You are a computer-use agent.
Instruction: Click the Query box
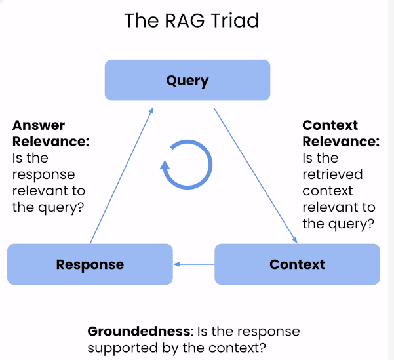click(187, 80)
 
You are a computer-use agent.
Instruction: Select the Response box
click(90, 264)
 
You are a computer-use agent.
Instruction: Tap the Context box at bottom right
click(297, 264)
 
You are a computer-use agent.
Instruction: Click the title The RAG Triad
click(191, 20)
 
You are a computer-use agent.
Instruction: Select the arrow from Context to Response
click(194, 264)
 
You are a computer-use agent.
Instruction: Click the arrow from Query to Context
click(255, 176)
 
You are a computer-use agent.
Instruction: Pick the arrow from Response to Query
click(122, 176)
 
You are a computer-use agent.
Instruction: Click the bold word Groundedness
click(139, 331)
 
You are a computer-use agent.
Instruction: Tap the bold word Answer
click(39, 125)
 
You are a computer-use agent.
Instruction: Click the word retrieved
click(332, 174)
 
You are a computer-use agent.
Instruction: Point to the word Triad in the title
click(235, 20)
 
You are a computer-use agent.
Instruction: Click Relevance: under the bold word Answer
click(51, 142)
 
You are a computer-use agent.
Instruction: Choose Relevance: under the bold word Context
click(341, 142)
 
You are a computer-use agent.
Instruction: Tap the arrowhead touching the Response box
click(176, 264)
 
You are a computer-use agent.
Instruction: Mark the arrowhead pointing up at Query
click(151, 110)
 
